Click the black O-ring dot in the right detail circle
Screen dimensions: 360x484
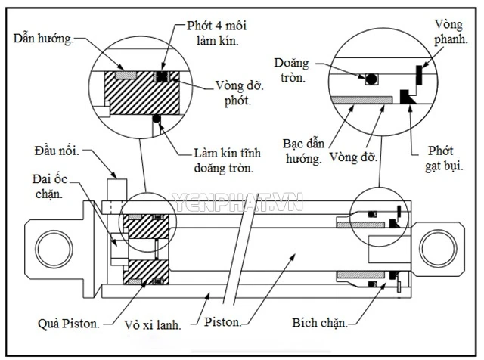click(x=371, y=79)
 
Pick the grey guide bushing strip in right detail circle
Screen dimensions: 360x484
click(x=365, y=99)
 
